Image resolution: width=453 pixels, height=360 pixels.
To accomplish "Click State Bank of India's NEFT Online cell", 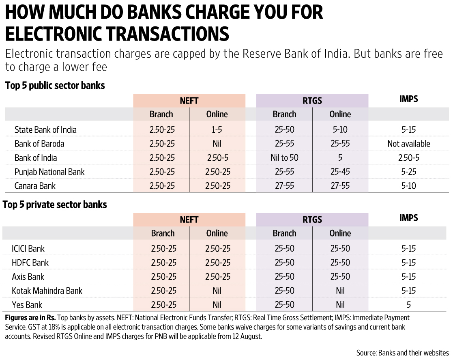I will click(x=217, y=130).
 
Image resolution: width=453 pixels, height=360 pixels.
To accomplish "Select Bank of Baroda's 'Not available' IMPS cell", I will click(x=408, y=144).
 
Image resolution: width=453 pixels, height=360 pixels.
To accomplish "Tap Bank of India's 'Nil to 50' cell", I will click(x=284, y=158).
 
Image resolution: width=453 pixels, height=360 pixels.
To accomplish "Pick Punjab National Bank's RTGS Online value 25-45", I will click(x=340, y=172).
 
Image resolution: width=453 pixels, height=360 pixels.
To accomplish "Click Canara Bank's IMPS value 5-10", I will click(x=408, y=186).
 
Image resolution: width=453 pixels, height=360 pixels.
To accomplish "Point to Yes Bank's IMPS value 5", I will click(x=408, y=305).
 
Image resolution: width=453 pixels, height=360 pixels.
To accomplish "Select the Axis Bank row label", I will click(x=29, y=277).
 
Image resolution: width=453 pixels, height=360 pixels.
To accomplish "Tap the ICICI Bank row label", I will click(x=29, y=248).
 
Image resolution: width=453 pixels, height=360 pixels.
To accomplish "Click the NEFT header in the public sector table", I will click(x=189, y=101).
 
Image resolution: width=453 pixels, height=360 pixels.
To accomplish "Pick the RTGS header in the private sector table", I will click(x=312, y=220).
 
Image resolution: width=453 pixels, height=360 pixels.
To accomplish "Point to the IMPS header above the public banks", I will click(x=408, y=99).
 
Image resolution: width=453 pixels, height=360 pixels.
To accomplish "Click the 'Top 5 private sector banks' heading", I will click(x=55, y=205).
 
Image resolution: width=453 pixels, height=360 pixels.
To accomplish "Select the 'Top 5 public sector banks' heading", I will click(x=55, y=86).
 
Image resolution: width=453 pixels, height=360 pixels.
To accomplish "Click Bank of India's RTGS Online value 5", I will click(x=340, y=158).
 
